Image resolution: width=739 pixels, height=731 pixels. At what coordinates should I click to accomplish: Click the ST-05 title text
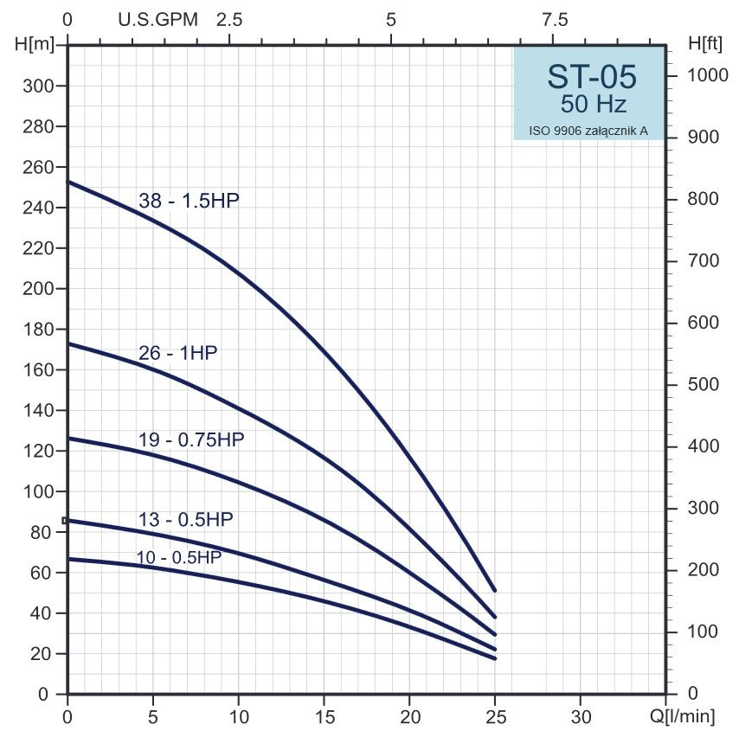(x=592, y=77)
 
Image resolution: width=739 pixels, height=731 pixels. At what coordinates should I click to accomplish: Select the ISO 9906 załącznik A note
(x=588, y=131)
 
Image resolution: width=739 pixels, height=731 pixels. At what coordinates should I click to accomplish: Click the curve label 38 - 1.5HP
(x=189, y=201)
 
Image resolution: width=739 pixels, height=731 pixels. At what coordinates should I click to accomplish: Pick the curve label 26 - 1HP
(x=177, y=353)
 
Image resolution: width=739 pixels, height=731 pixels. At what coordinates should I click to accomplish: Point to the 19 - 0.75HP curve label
(x=191, y=439)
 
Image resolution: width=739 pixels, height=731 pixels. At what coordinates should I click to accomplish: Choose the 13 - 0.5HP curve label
(x=185, y=520)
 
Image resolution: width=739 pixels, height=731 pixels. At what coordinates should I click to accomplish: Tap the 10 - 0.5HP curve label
(x=178, y=557)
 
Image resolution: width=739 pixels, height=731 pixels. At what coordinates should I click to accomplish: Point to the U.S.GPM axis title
(x=158, y=19)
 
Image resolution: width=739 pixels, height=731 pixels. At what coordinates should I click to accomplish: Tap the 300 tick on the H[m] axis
(x=37, y=87)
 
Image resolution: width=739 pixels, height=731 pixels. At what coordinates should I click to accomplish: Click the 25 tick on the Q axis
(x=495, y=716)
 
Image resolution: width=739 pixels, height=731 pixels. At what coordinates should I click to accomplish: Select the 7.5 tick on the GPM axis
(x=555, y=19)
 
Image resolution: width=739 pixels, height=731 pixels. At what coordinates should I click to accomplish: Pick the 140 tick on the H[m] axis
(x=37, y=410)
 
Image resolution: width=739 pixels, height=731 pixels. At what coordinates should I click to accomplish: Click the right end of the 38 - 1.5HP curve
(x=494, y=590)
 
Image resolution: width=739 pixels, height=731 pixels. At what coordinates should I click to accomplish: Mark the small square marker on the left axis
(x=65, y=520)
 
